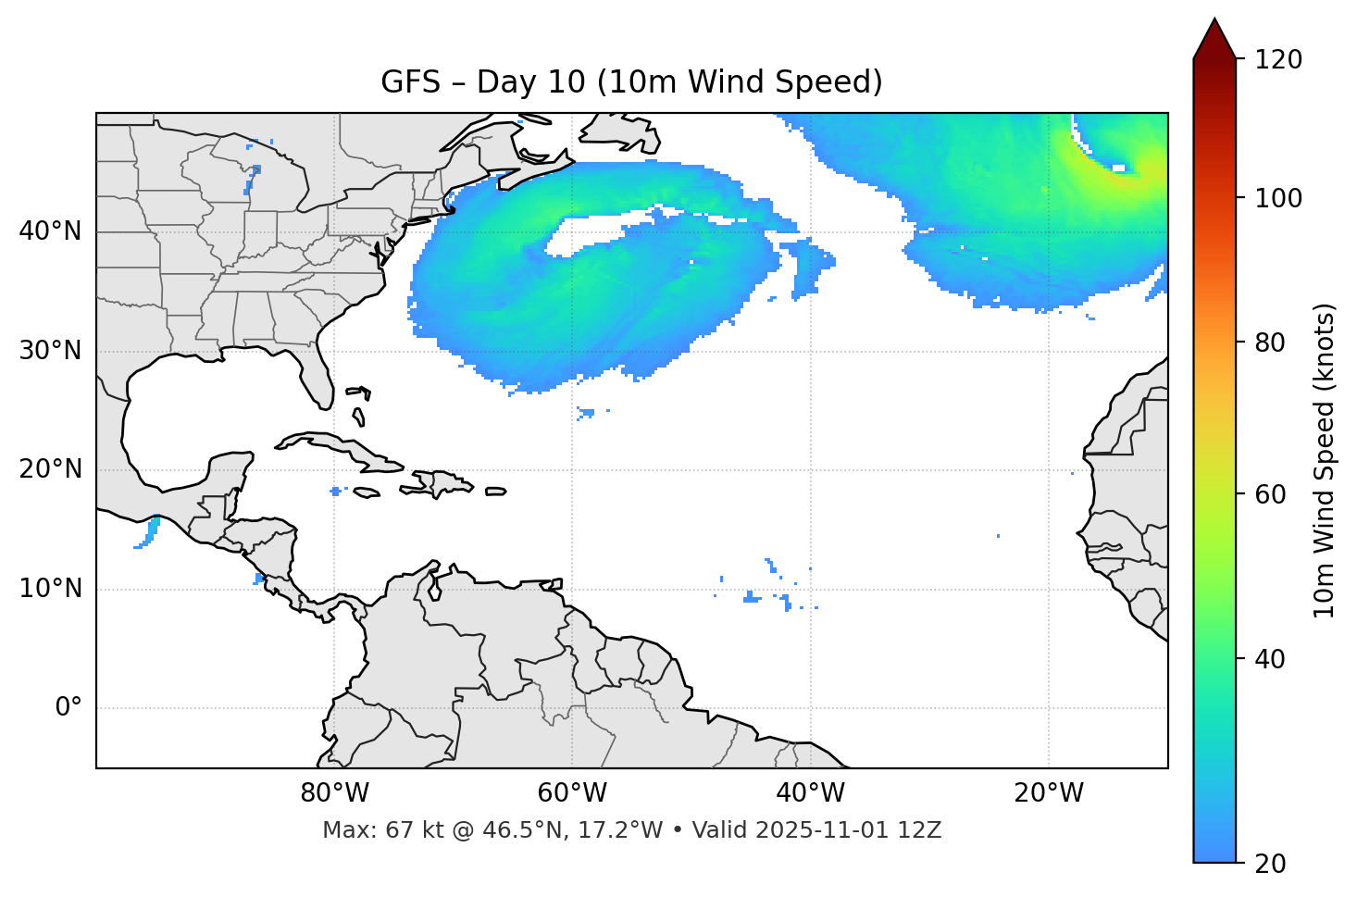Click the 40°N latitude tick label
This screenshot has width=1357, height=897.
50,231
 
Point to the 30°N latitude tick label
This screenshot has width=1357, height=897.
50,351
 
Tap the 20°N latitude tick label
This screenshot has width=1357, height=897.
50,469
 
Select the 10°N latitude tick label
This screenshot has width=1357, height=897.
50,589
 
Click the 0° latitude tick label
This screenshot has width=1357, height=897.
68,708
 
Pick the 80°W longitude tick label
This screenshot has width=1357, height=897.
334,793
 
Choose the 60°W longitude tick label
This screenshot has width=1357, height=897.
572,793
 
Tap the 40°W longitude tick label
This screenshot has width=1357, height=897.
810,793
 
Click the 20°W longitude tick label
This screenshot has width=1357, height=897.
1049,793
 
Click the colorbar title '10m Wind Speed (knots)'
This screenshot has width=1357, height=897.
1325,460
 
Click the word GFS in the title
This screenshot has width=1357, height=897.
410,82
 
